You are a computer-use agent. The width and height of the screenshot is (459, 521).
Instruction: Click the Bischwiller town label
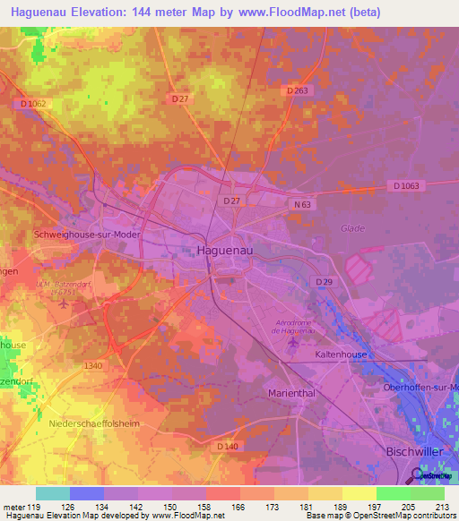[x=413, y=453]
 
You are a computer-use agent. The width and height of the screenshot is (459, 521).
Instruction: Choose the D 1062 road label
[x=32, y=105]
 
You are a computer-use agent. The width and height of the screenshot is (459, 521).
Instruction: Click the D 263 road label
[x=298, y=90]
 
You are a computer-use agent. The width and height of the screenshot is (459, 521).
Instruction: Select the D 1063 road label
[x=406, y=186]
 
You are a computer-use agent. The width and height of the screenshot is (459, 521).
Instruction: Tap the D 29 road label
[x=324, y=282]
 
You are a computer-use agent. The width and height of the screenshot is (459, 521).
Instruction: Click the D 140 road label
[x=227, y=445]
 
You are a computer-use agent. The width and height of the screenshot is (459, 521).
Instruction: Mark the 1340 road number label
[x=92, y=365]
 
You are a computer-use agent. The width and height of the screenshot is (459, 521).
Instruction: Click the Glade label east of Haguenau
[x=352, y=228]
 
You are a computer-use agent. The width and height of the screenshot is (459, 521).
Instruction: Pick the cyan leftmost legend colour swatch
[x=53, y=493]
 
